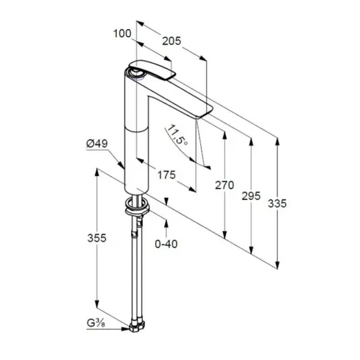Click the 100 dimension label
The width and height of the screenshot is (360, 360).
click(x=122, y=34)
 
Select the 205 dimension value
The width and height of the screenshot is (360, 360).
click(x=171, y=41)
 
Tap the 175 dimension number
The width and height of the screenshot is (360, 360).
click(x=167, y=175)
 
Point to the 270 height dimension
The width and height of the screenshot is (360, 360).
click(x=224, y=185)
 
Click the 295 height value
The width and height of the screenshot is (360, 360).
click(x=251, y=196)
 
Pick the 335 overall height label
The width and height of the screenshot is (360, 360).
click(x=277, y=204)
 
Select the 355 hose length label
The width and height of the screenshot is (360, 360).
click(x=97, y=238)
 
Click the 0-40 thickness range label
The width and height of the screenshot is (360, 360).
click(x=166, y=244)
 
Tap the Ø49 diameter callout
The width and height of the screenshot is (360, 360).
click(x=97, y=144)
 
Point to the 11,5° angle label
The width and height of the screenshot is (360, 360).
click(x=177, y=135)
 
